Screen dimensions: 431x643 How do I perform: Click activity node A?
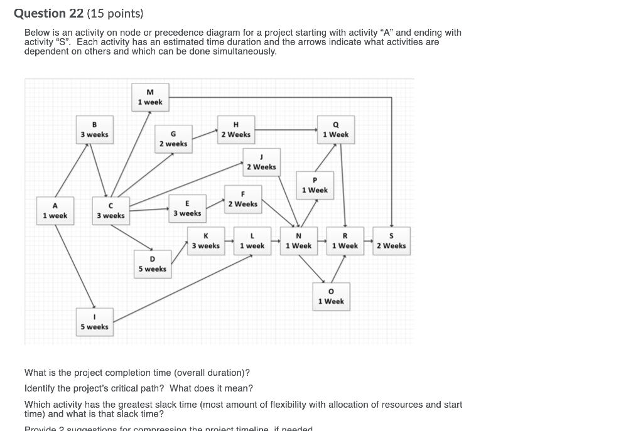[55, 211]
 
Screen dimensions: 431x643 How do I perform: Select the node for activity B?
[94, 129]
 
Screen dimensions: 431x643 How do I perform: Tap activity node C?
[111, 211]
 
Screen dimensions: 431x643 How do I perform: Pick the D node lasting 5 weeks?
[152, 264]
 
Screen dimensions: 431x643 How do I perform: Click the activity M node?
[150, 97]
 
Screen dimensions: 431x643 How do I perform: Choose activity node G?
[173, 139]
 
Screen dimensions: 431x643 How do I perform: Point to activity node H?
[235, 129]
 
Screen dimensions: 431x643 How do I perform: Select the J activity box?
[261, 162]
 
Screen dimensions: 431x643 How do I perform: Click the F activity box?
[242, 199]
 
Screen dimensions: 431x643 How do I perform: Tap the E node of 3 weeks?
[187, 208]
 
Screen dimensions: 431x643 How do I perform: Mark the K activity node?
[206, 241]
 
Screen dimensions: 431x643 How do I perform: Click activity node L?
[252, 241]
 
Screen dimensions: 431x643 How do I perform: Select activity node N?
[298, 241]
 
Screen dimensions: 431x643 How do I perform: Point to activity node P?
[315, 185]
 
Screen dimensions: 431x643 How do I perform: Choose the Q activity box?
[335, 129]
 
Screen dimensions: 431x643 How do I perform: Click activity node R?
[345, 241]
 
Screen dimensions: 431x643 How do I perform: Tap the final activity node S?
[391, 241]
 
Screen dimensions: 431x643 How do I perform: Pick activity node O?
[331, 296]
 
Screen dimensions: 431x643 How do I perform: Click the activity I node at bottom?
[94, 322]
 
